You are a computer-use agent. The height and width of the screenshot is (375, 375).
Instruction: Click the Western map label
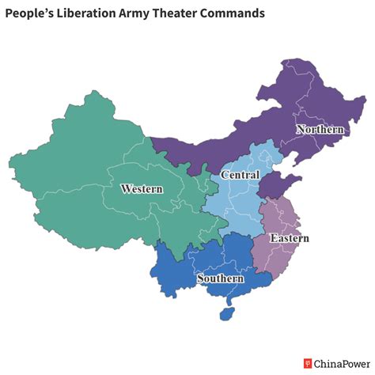(142, 189)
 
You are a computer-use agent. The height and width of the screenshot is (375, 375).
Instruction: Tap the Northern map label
(320, 129)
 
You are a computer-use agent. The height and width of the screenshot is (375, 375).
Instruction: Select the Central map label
(240, 174)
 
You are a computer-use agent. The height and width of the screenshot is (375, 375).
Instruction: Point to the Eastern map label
(289, 238)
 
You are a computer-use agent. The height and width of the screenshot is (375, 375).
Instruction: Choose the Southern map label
(220, 278)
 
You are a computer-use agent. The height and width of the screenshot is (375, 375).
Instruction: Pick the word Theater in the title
(188, 14)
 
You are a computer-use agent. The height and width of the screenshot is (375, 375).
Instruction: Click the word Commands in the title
(240, 14)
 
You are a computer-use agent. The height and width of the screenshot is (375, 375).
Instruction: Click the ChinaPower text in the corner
(339, 364)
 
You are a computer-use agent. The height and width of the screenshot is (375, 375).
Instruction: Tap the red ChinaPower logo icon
(308, 364)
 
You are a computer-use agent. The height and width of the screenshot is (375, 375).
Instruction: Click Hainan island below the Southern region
(225, 313)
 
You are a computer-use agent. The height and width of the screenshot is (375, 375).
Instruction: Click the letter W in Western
(125, 189)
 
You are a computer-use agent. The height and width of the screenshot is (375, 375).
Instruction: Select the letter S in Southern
(201, 278)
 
